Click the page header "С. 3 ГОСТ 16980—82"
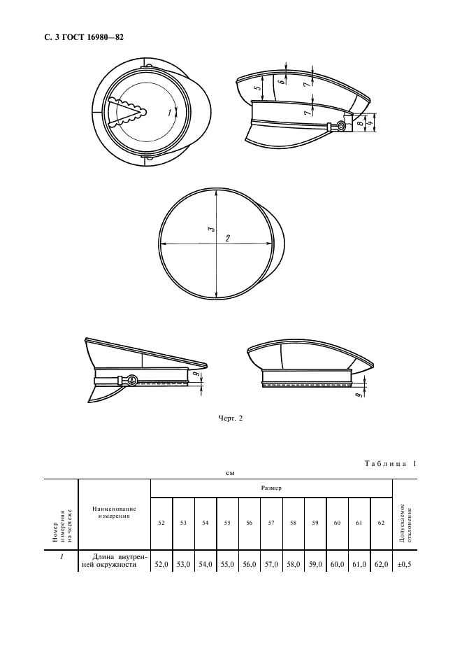84,37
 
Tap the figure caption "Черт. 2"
230,418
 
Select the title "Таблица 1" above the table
390,464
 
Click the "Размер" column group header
271,488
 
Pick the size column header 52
161,523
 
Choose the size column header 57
271,523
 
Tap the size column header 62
381,523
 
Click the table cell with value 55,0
227,564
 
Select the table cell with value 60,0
337,564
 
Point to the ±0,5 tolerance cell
405,564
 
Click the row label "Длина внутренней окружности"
115,561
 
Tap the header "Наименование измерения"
115,512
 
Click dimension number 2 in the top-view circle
228,238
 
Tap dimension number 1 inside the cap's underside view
169,112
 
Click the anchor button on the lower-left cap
131,380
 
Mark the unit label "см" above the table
230,473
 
